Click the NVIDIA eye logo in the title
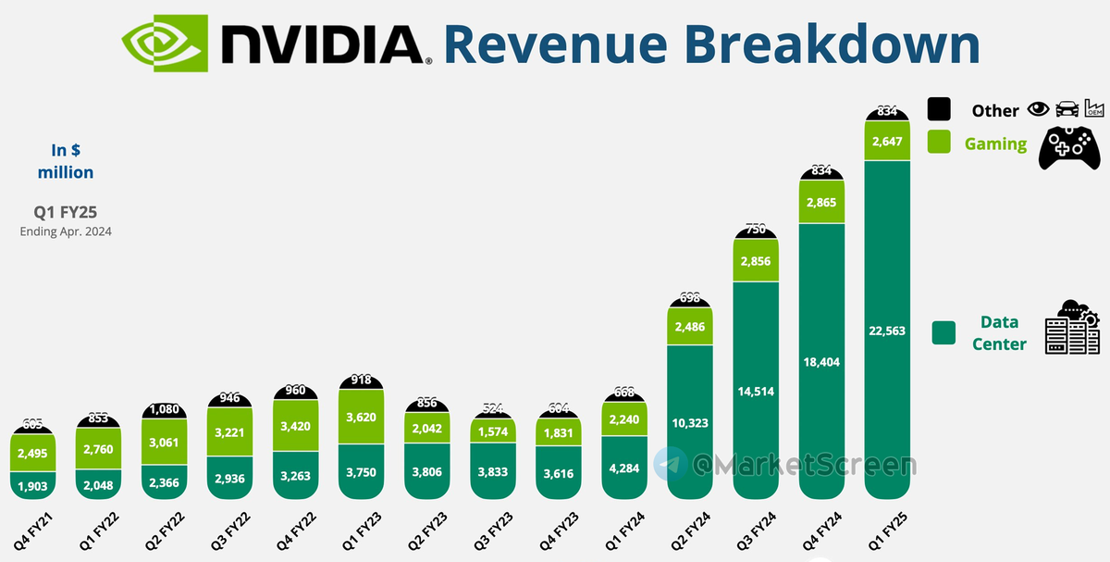pyautogui.click(x=167, y=43)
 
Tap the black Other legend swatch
pyautogui.click(x=939, y=109)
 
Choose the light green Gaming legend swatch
pyautogui.click(x=939, y=142)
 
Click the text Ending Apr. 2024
pyautogui.click(x=66, y=232)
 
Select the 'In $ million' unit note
pyautogui.click(x=66, y=161)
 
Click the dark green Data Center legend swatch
pyautogui.click(x=943, y=332)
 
